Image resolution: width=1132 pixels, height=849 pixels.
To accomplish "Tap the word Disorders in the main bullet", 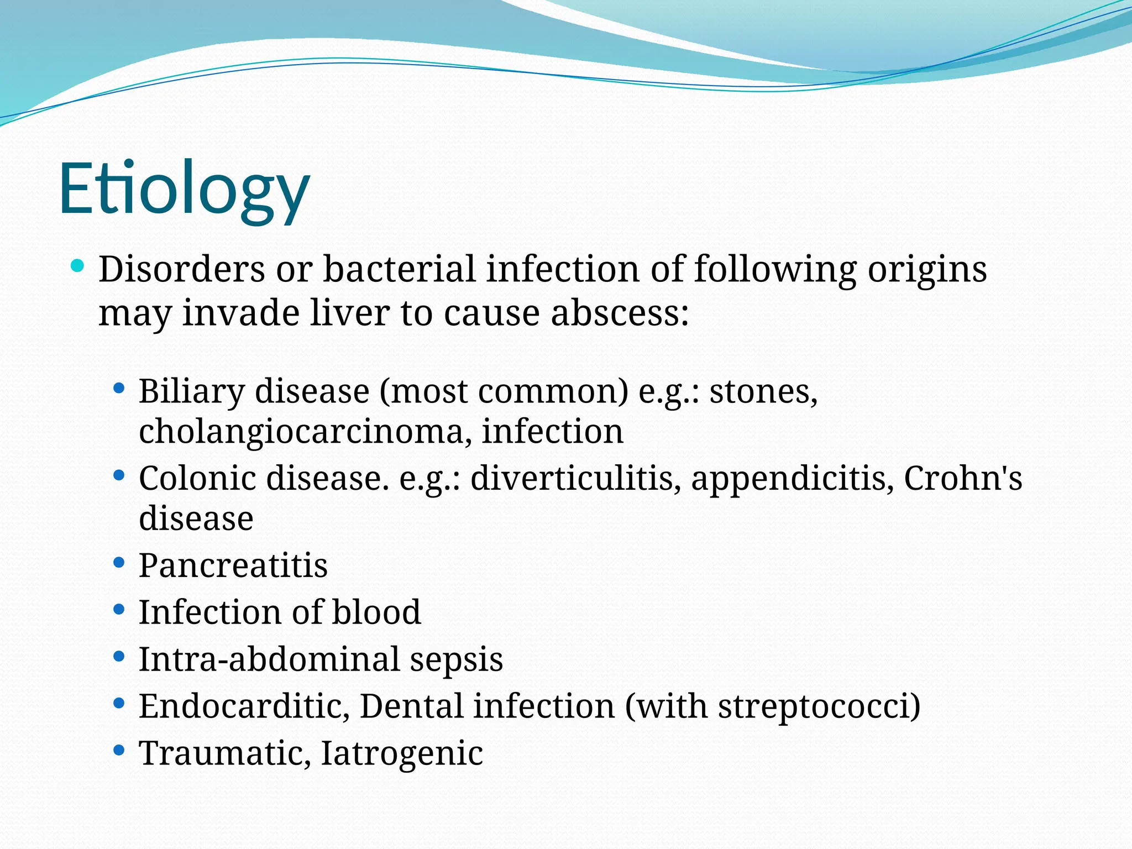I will point(182,270).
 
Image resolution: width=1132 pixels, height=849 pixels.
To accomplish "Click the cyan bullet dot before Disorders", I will point(78,267).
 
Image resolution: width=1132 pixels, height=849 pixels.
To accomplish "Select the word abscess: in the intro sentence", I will point(620,313).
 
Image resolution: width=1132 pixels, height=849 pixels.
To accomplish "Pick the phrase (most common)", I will point(504,392).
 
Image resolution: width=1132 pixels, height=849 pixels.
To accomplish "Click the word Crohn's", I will point(962,478).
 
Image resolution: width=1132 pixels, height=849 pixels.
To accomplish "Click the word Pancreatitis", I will point(233,566).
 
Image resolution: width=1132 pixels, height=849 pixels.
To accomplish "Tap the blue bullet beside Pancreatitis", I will point(118,563).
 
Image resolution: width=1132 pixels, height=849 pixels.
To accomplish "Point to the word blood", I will point(376,612).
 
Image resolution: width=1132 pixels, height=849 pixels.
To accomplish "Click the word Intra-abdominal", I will point(269,659).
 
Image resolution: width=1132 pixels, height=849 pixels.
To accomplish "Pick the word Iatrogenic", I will point(402,753).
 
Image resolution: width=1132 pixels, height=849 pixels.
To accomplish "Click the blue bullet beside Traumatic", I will point(118,750).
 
